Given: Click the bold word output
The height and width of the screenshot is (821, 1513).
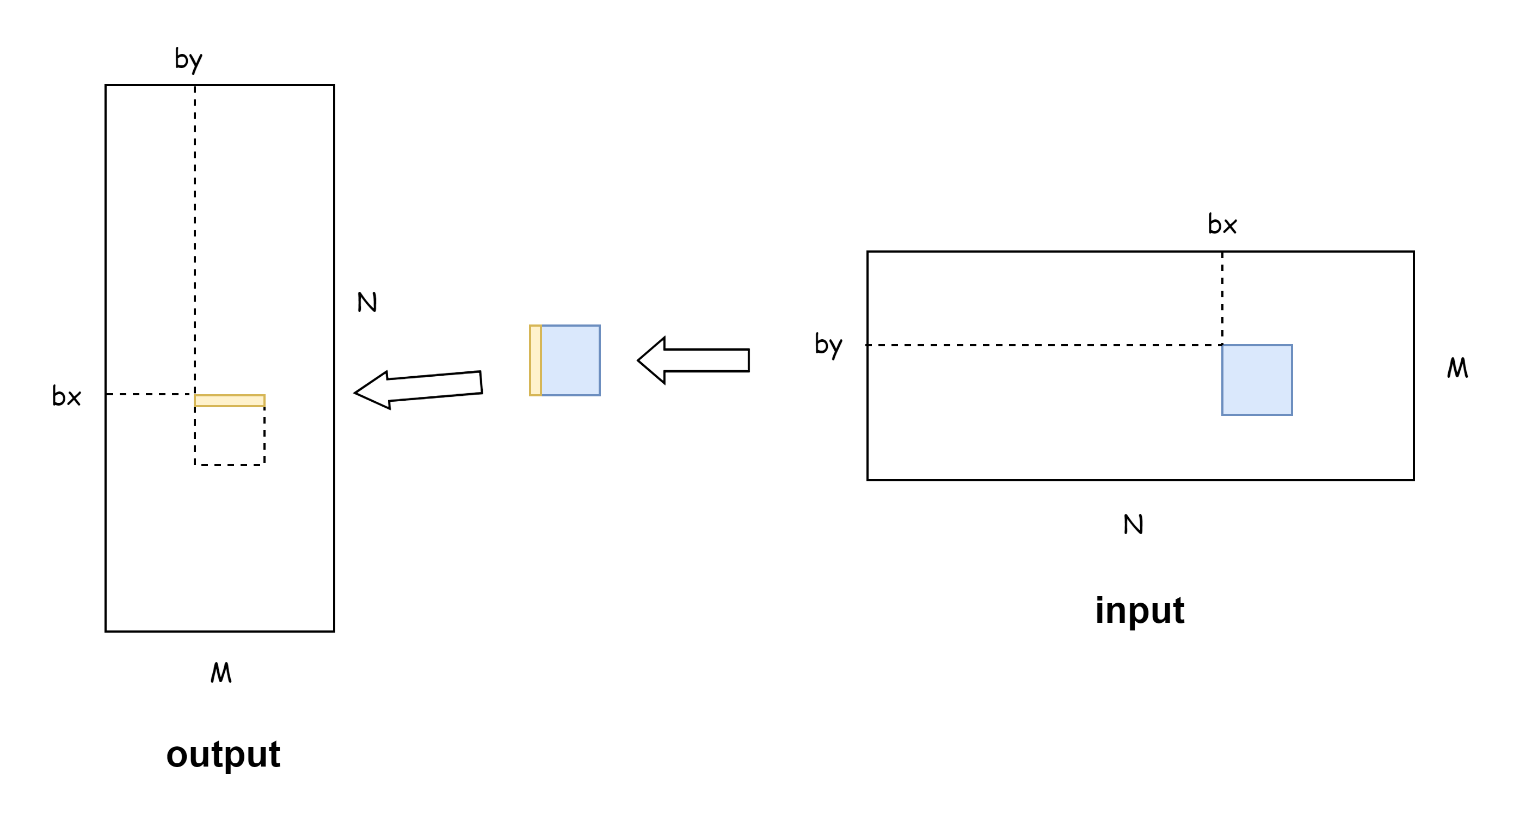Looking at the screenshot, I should point(223,755).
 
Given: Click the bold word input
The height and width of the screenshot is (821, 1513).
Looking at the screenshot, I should point(1140,610).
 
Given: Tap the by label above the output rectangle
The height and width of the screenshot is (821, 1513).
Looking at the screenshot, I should point(188,60).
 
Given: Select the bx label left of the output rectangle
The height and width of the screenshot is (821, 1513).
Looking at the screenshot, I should point(66,397).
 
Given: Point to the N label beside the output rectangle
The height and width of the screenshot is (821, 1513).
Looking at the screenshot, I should point(367,303).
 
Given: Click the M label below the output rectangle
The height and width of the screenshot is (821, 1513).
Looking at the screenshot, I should point(221,673).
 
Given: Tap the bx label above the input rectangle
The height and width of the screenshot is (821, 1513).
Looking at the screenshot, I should point(1222,224).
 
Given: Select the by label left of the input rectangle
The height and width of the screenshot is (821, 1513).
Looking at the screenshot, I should point(828,345).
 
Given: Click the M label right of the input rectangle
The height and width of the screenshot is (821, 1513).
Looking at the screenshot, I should point(1457,369).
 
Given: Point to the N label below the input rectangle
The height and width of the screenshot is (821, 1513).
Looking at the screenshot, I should point(1133,524).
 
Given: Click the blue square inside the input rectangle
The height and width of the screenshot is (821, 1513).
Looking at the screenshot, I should point(1257,380).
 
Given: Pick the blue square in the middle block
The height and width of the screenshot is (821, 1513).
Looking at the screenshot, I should point(570,360).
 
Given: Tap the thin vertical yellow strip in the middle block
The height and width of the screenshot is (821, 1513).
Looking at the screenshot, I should point(535,360).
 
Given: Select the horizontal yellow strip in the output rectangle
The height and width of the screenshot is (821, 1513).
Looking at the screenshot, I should point(230,401).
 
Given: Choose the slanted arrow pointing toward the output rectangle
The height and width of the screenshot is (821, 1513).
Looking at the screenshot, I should point(418,390).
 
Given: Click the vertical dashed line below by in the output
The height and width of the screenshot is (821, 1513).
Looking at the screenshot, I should point(195,235).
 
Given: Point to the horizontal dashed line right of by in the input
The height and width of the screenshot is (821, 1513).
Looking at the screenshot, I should point(1045,345).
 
